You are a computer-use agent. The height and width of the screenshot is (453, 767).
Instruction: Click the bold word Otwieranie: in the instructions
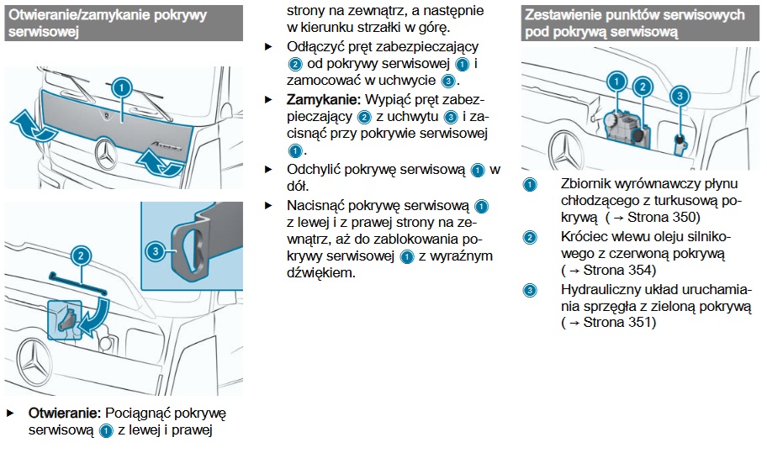(x=65, y=413)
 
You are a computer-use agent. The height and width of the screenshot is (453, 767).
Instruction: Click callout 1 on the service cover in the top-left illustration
(x=122, y=88)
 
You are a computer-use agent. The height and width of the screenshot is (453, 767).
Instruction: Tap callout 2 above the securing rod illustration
(x=80, y=255)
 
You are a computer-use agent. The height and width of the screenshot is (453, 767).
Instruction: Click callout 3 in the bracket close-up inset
(x=156, y=250)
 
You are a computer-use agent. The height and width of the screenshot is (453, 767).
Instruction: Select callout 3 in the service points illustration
(x=679, y=96)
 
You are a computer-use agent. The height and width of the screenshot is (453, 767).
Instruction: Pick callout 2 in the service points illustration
(x=643, y=86)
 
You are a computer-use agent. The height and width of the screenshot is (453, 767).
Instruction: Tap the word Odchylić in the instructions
(x=315, y=169)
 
